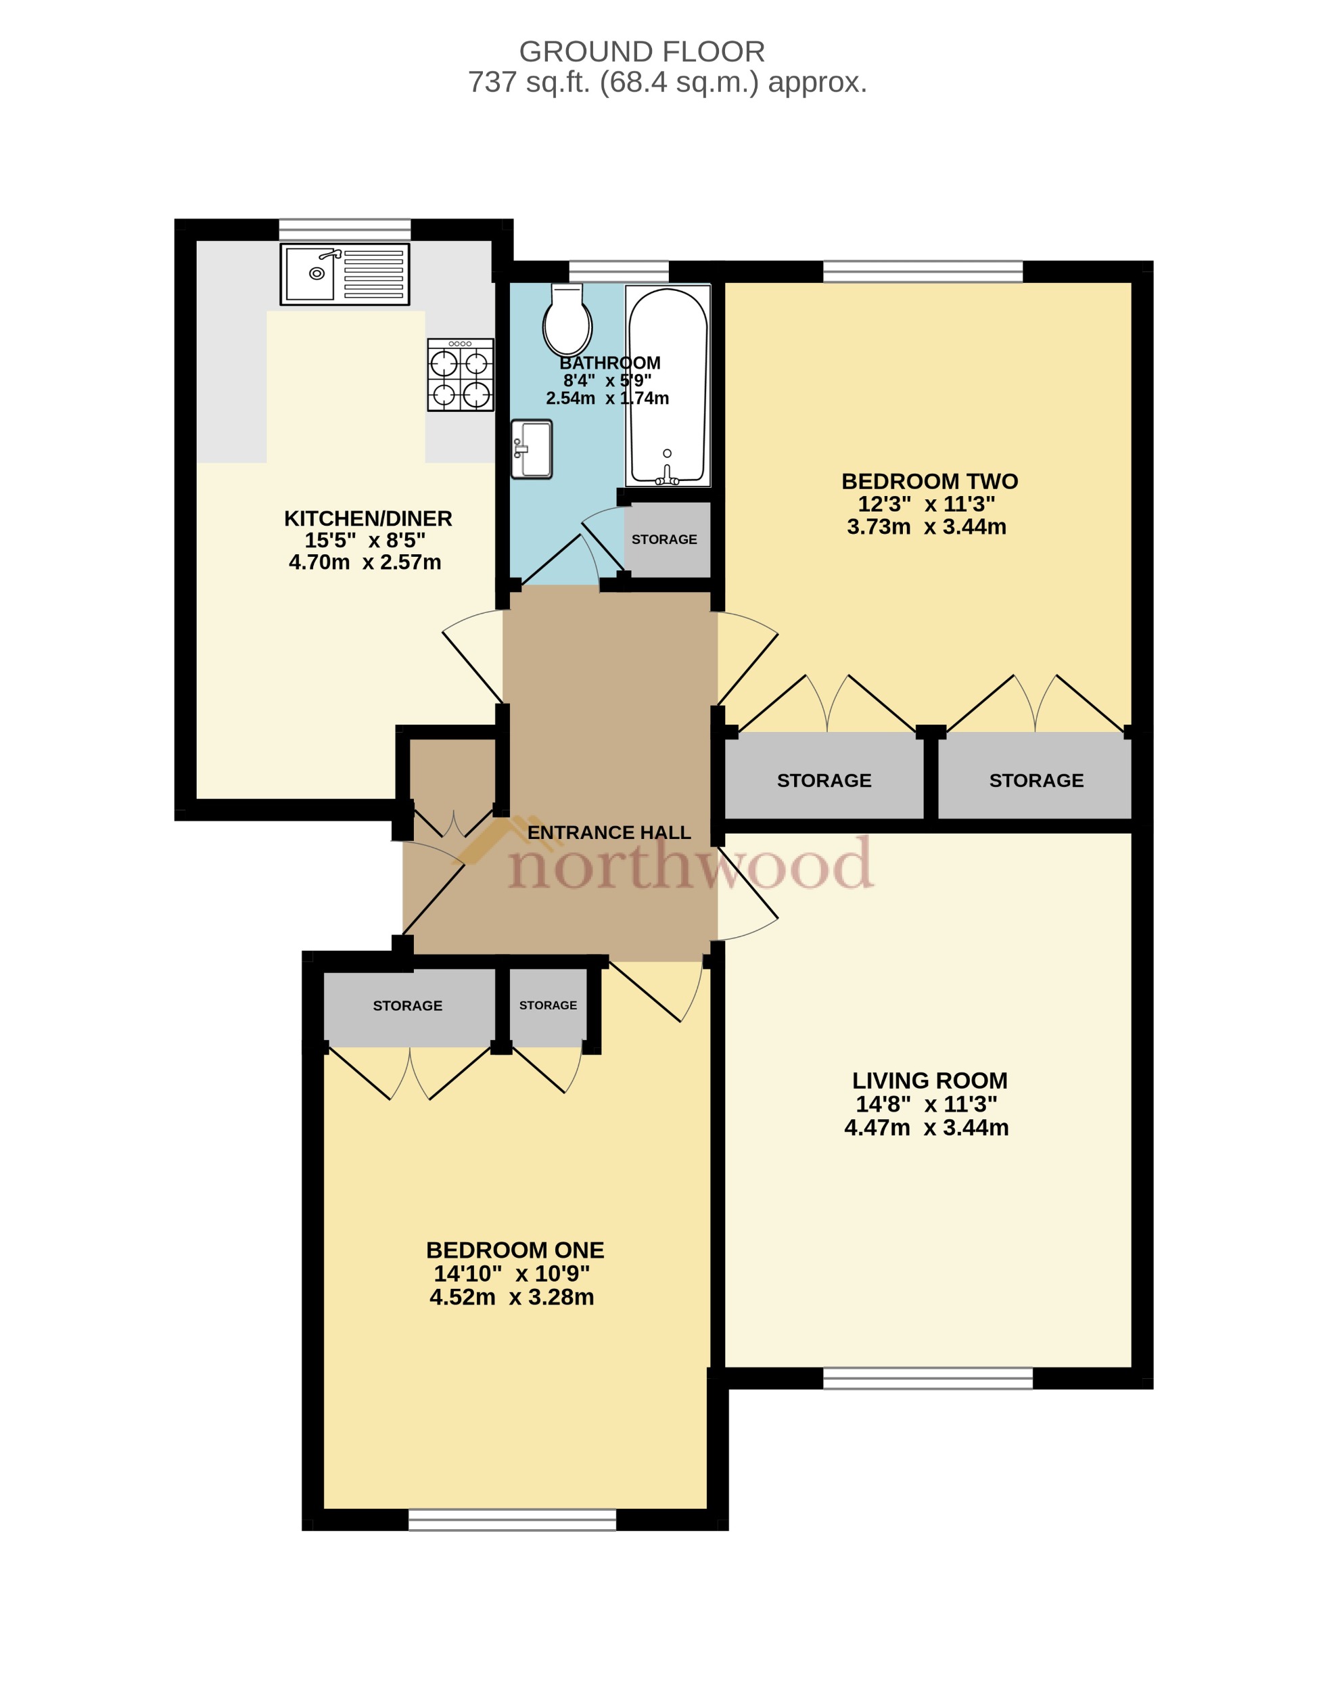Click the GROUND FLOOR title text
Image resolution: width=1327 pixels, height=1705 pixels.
[x=642, y=51]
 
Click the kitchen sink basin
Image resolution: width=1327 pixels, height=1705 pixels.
[x=310, y=273]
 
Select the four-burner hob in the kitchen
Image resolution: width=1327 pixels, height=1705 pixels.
[x=461, y=375]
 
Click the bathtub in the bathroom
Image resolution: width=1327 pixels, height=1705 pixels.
[x=668, y=386]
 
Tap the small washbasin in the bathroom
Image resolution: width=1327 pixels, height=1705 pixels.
[x=532, y=449]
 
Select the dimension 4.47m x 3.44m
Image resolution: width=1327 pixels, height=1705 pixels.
[x=926, y=1127]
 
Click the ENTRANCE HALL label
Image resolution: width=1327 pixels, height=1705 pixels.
[x=609, y=832]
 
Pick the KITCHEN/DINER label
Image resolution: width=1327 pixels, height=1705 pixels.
[x=368, y=518]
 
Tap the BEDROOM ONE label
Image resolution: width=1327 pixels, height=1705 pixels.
[x=515, y=1250]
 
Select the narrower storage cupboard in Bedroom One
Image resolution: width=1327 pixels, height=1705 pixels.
[x=548, y=1006]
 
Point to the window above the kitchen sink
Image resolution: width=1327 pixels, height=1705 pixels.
[x=344, y=229]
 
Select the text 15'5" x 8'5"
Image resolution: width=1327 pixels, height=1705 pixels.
[x=365, y=540]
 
